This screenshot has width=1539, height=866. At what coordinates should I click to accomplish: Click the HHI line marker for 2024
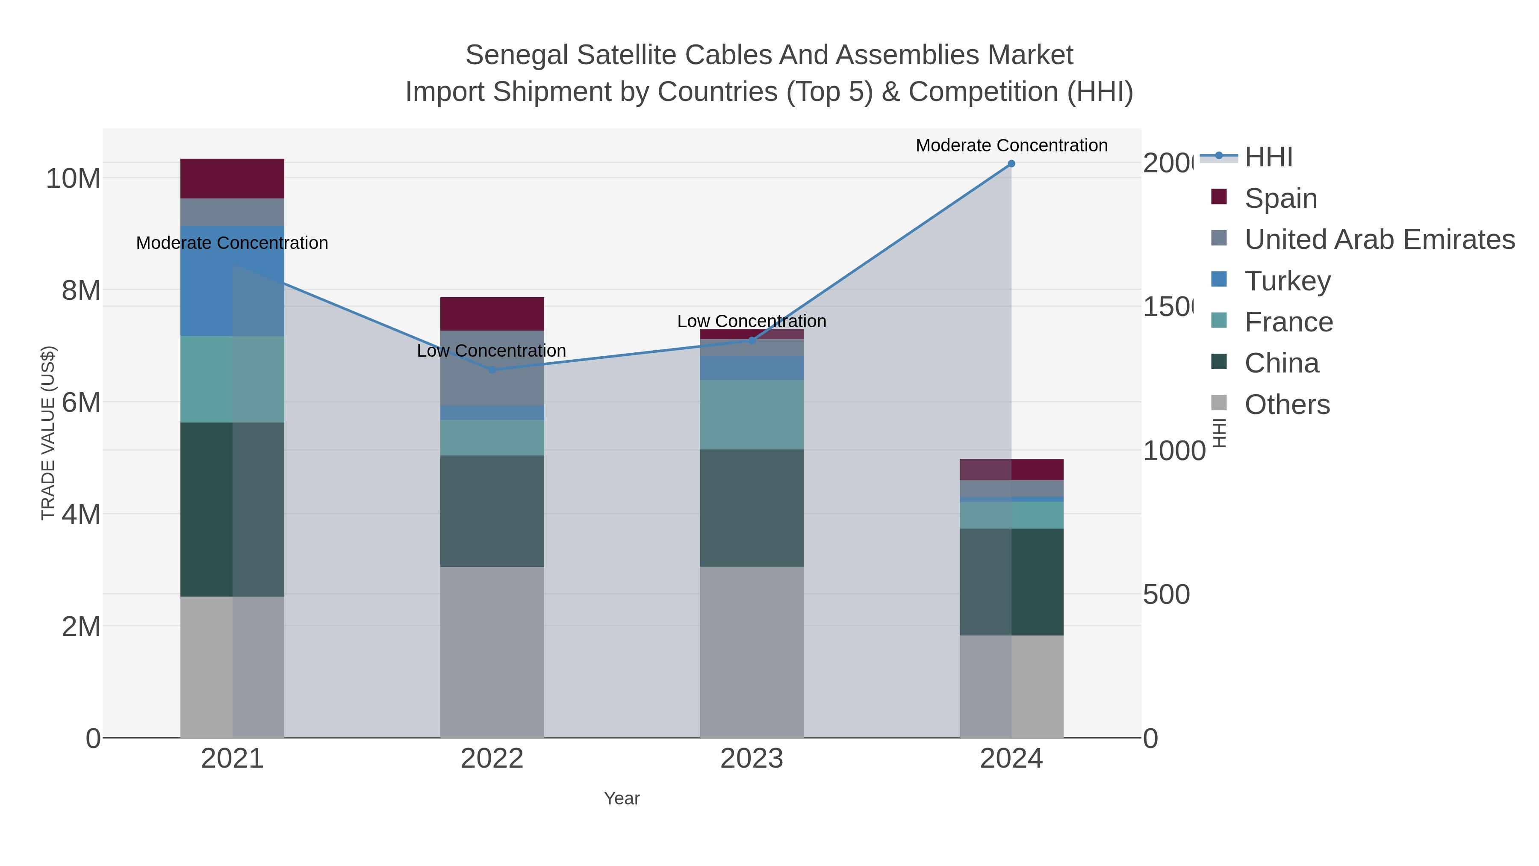(x=1011, y=163)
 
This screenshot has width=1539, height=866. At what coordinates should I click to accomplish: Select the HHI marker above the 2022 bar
(x=492, y=370)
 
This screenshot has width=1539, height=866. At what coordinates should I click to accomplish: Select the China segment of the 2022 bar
(x=492, y=511)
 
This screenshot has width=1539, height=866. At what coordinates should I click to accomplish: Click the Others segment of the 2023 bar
(x=752, y=651)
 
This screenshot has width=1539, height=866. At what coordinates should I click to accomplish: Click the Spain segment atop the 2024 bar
(x=1011, y=469)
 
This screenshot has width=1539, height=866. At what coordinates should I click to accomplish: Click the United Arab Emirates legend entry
(x=1379, y=239)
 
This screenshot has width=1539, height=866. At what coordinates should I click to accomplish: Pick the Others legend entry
(x=1287, y=405)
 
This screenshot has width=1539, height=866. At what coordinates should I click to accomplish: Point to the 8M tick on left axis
(x=81, y=290)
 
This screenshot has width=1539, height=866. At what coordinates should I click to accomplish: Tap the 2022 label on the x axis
(x=492, y=758)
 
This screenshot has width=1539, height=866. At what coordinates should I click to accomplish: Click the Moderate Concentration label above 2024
(x=1011, y=145)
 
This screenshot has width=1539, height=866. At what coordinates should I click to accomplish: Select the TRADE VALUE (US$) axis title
(x=48, y=433)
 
